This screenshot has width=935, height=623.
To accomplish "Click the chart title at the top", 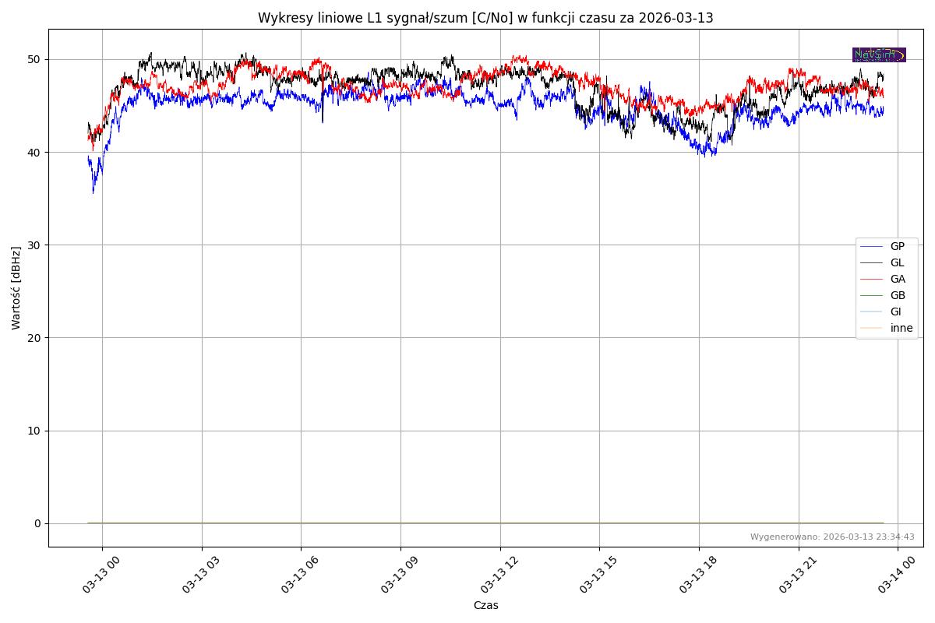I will tap(485, 18).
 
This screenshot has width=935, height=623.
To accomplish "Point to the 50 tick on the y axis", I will tap(35, 60).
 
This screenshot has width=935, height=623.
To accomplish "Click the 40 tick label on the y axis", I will tap(35, 153).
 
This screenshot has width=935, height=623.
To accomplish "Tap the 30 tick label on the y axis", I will tap(35, 245).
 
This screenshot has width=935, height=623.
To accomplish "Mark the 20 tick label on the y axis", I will tap(35, 338).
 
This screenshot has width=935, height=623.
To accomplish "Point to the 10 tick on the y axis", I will tap(35, 431).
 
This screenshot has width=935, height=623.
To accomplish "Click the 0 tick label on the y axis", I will tap(37, 523).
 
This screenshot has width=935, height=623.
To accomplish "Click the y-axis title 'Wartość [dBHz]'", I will tap(16, 287).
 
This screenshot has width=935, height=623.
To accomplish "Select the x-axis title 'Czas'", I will tap(485, 606).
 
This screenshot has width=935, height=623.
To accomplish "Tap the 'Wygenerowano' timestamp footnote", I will tap(832, 537).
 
